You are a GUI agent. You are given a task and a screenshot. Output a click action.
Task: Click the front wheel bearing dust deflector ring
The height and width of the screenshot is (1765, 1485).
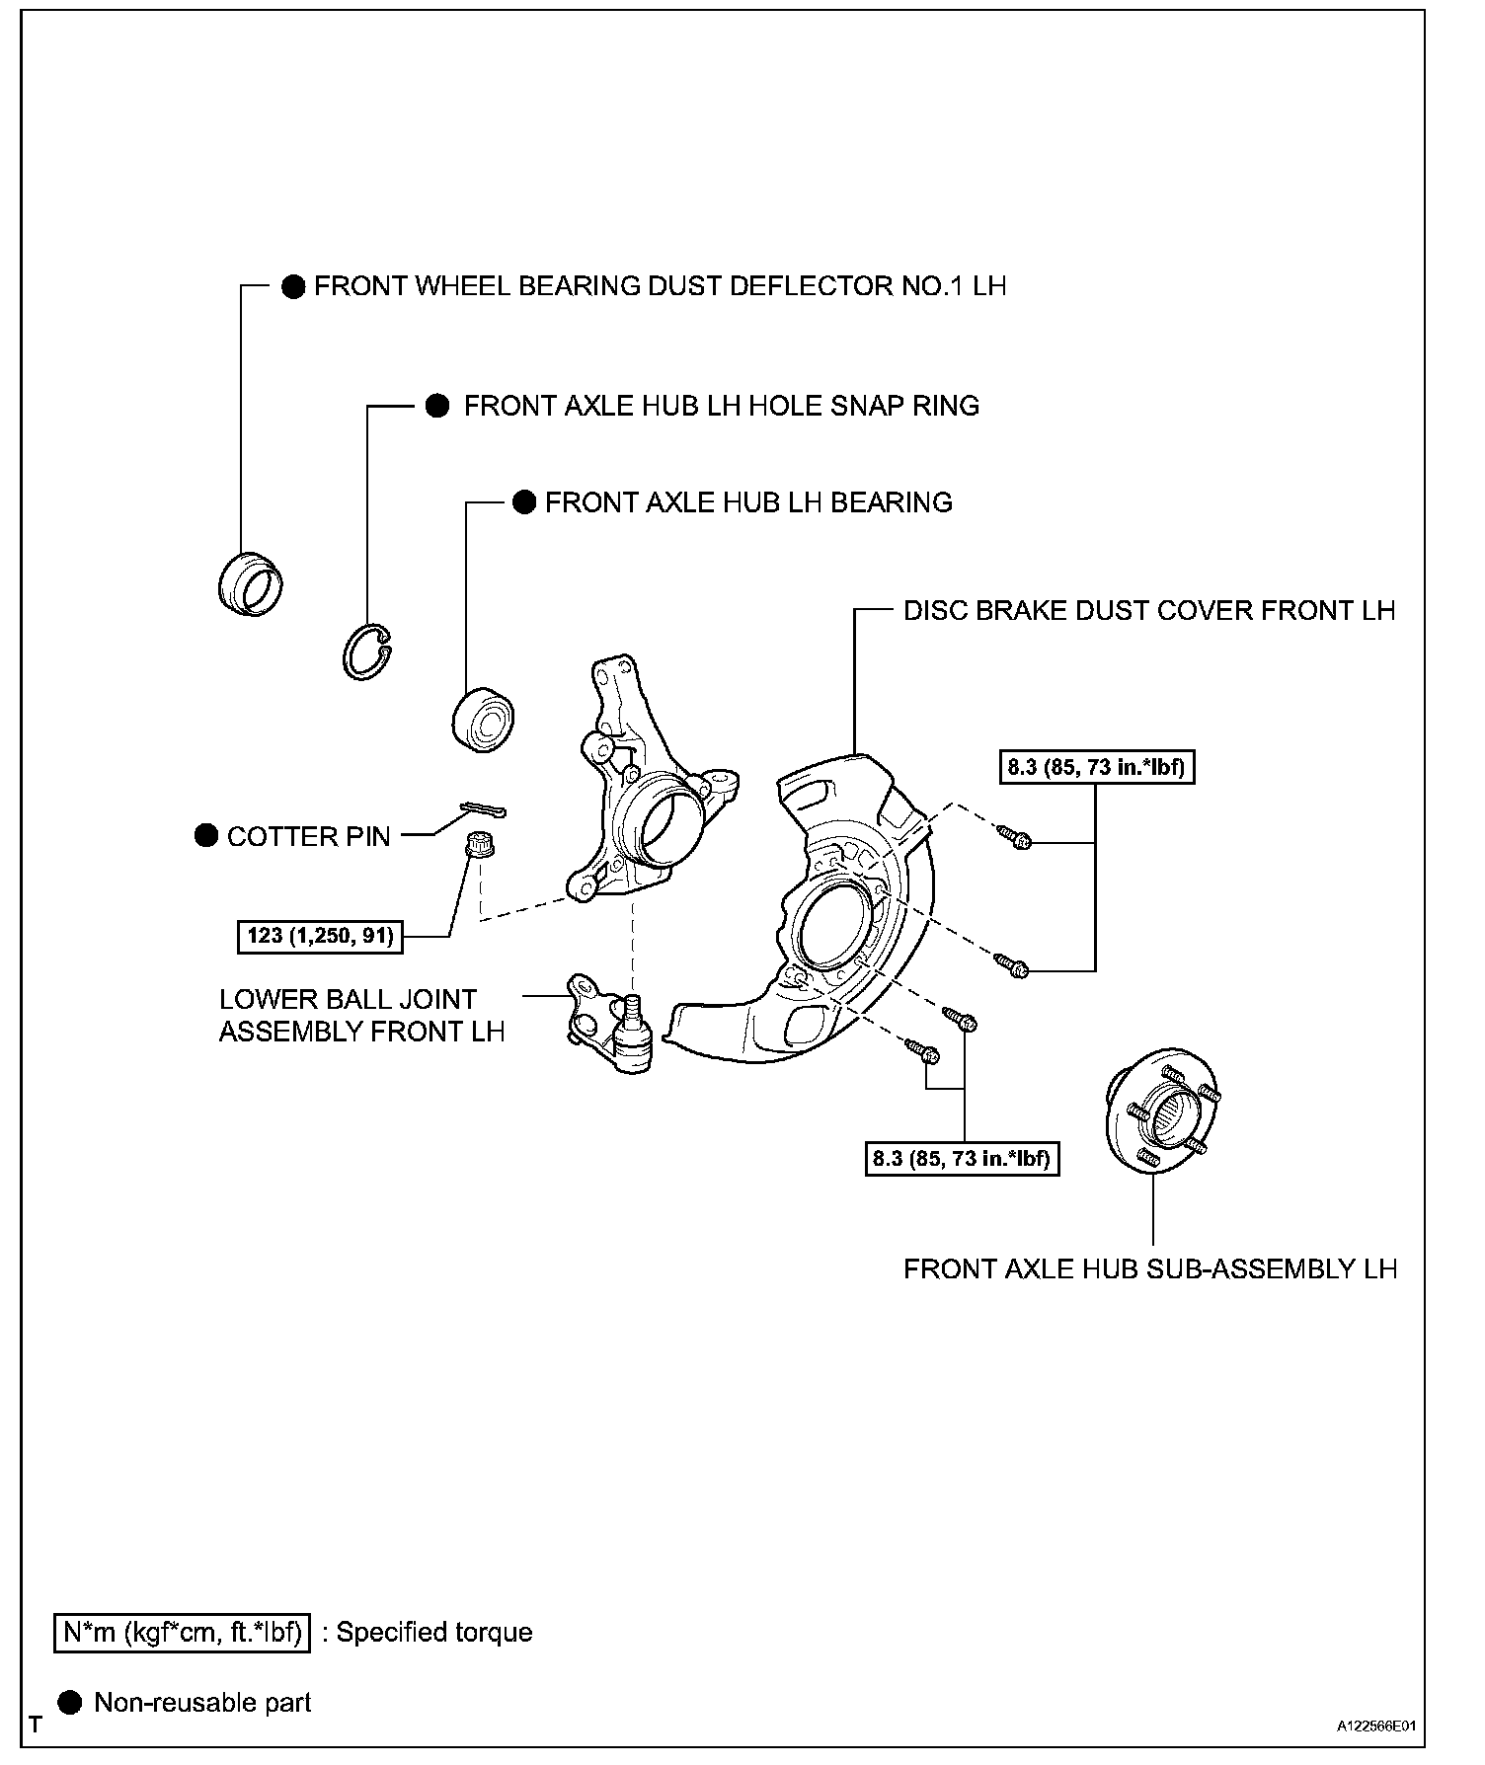point(250,585)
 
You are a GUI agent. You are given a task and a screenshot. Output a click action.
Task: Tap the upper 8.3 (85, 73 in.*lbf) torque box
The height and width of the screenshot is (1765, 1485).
point(1096,767)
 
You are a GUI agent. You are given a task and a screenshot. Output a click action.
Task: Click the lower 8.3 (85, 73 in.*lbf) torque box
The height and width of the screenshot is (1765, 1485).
point(961,1158)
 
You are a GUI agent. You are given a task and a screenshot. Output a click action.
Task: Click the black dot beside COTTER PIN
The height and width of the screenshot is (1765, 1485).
point(206,836)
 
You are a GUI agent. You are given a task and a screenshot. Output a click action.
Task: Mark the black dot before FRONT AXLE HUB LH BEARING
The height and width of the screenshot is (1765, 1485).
point(523,502)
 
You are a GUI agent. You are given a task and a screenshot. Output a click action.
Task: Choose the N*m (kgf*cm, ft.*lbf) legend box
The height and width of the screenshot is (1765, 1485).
point(182,1632)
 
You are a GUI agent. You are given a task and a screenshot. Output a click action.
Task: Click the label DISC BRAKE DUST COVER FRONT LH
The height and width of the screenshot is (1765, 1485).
point(1149,611)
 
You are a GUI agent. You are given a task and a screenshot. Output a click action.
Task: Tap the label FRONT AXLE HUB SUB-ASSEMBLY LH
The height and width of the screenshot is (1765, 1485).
point(1150,1268)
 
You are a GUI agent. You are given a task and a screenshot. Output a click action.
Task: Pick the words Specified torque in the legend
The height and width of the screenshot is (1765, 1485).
point(434,1632)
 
